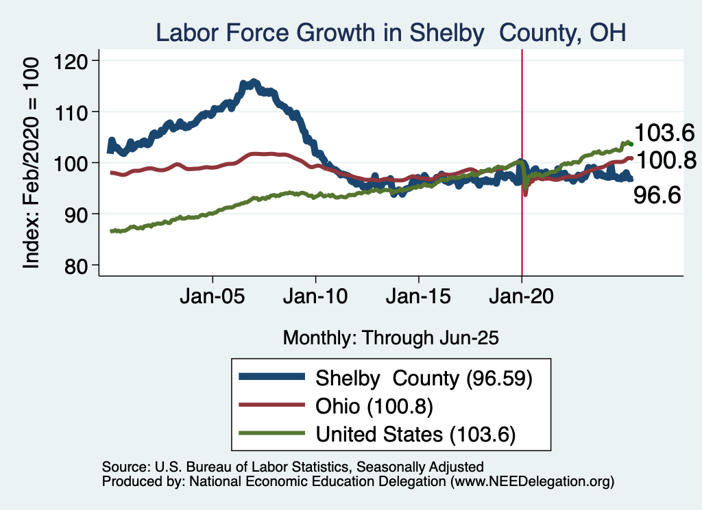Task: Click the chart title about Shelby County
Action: point(391,32)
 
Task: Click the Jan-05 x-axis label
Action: point(213,298)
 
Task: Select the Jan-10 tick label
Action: point(315,298)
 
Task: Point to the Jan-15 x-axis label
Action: point(419,298)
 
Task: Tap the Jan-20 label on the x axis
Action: point(522,298)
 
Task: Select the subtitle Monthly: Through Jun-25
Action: point(391,337)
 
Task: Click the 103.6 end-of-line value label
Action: point(664,132)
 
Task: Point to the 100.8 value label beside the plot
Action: point(664,160)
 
